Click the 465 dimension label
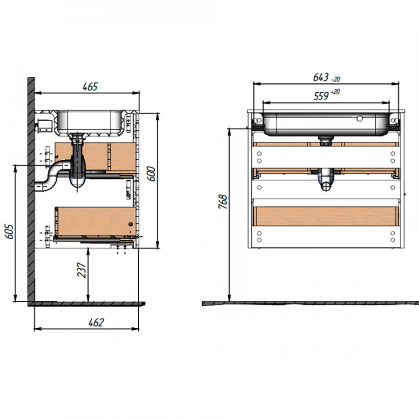90,87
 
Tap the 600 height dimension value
151,174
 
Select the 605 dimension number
9,232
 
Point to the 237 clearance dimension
82,270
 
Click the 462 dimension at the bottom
96,323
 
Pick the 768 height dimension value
223,202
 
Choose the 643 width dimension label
321,77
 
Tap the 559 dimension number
321,96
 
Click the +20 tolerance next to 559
335,92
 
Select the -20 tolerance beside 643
336,79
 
